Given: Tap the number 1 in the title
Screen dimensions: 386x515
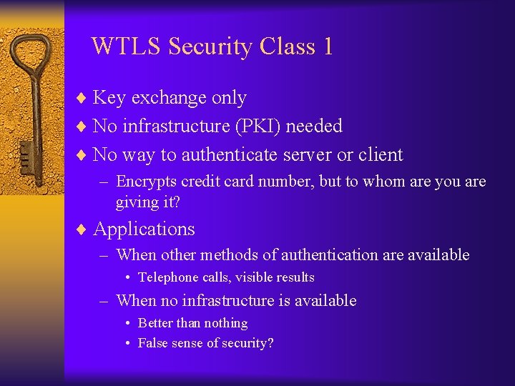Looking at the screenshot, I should click(x=327, y=46).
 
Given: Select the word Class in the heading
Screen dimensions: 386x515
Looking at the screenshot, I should click(x=286, y=46).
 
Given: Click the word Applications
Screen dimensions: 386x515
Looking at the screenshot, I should click(x=144, y=229).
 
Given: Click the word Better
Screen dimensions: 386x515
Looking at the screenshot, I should click(x=156, y=323).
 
